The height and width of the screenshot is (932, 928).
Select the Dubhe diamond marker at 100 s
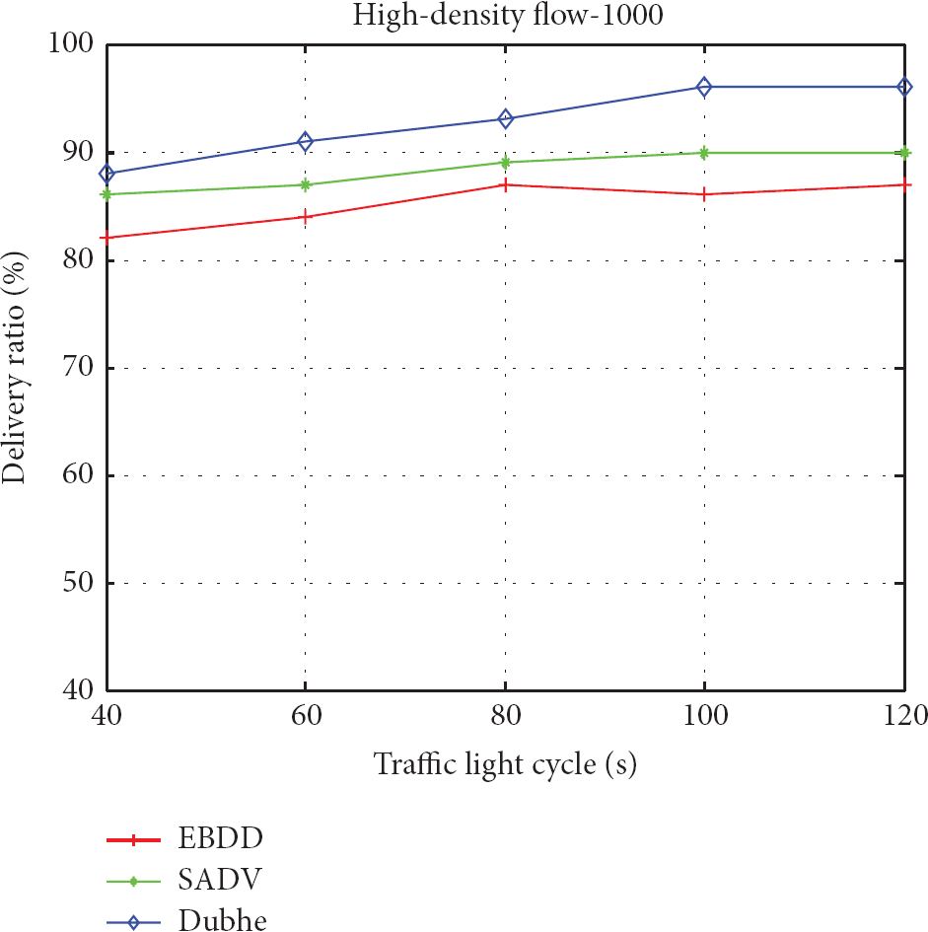point(704,87)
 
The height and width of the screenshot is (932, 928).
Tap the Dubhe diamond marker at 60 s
point(306,141)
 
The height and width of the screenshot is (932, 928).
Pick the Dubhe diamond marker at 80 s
point(505,119)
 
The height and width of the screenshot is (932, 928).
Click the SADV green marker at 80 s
point(505,162)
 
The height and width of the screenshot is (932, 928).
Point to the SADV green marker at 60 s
point(306,184)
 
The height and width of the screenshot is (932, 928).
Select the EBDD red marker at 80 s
point(505,184)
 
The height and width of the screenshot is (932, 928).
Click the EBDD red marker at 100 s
point(704,194)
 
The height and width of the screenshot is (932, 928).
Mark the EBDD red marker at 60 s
point(306,216)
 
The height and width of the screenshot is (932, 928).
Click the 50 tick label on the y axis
point(77,583)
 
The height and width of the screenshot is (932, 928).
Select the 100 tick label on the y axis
point(69,44)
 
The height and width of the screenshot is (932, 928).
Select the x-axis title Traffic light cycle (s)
point(505,764)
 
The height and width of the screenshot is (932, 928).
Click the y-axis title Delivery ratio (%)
point(17,367)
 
